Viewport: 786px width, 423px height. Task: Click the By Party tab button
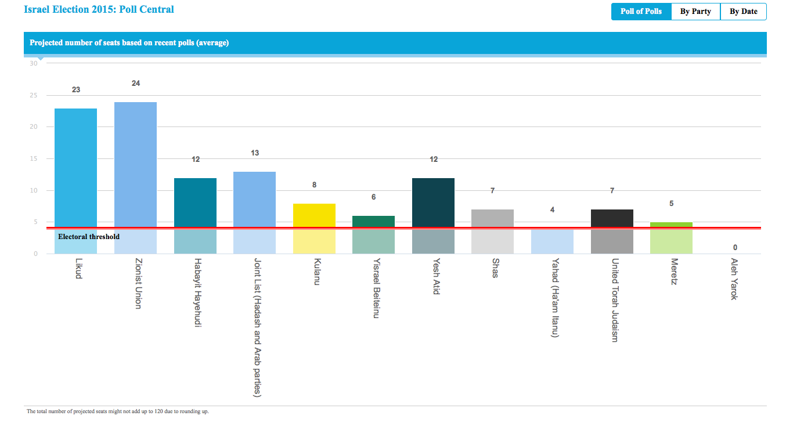coord(695,12)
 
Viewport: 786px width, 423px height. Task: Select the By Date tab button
coord(743,12)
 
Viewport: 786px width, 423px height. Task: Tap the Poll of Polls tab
coord(641,12)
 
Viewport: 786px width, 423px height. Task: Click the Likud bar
coord(75,168)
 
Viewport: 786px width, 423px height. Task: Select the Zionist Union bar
coord(135,165)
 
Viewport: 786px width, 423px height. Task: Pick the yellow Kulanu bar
coord(314,215)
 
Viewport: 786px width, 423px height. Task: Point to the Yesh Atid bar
coord(433,203)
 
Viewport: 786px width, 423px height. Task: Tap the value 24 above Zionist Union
coord(136,84)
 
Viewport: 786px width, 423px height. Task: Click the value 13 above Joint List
coord(255,153)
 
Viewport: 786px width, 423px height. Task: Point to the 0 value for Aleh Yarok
coord(735,248)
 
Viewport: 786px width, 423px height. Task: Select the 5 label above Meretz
coord(671,204)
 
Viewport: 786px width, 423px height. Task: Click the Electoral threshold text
coord(89,237)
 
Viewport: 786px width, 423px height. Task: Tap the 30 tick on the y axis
coord(33,63)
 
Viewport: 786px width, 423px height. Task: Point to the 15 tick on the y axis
coord(33,158)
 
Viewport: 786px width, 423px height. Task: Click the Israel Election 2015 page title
coord(99,9)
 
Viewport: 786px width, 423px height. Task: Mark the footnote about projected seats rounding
coord(118,411)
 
